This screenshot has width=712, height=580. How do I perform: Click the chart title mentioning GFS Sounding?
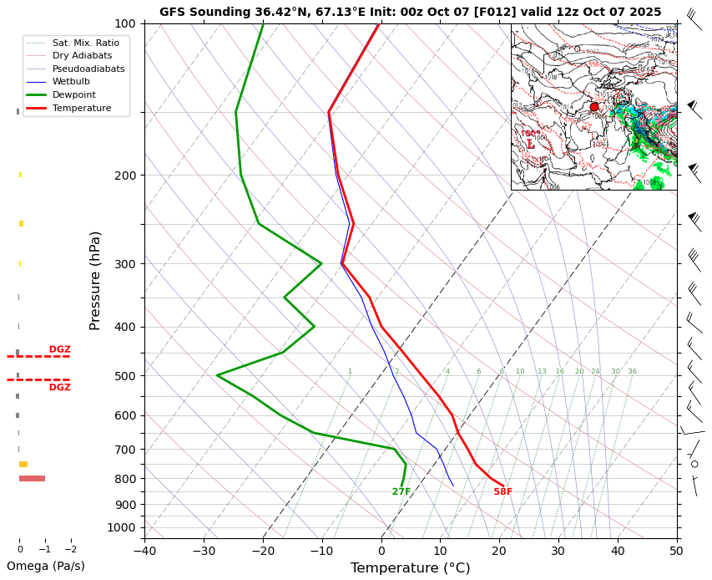(x=410, y=13)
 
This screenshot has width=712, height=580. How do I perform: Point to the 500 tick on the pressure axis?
(x=125, y=376)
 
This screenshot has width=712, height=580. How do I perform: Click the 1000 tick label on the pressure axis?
(x=122, y=527)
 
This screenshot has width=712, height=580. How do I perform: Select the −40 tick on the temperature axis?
(x=144, y=552)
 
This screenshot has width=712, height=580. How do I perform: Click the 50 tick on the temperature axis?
(x=676, y=552)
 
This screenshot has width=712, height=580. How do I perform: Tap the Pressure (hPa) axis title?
(x=95, y=280)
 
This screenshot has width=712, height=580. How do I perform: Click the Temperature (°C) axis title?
(x=410, y=568)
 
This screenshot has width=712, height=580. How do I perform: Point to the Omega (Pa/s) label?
(x=45, y=566)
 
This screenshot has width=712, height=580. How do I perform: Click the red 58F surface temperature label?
(x=502, y=492)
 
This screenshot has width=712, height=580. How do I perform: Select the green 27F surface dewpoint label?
(x=401, y=492)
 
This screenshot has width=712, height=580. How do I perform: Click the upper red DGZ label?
(x=59, y=349)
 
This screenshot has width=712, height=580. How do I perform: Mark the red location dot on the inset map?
(x=594, y=107)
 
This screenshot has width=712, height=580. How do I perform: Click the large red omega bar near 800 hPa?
(x=32, y=478)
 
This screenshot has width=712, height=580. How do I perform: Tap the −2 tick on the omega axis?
(x=71, y=550)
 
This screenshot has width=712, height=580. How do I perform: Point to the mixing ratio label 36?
(x=632, y=372)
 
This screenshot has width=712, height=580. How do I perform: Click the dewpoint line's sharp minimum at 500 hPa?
(x=217, y=376)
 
